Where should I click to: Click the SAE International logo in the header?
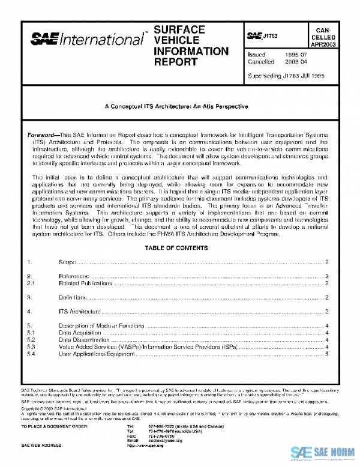(86, 40)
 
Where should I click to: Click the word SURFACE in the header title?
(179, 29)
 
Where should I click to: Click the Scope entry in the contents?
(67, 263)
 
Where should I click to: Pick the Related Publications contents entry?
(85, 282)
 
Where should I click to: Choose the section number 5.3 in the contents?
(32, 347)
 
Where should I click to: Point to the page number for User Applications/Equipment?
(326, 354)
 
